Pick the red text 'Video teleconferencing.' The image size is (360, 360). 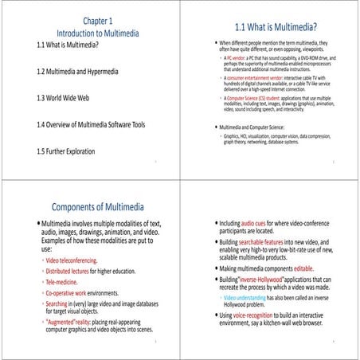(72, 260)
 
